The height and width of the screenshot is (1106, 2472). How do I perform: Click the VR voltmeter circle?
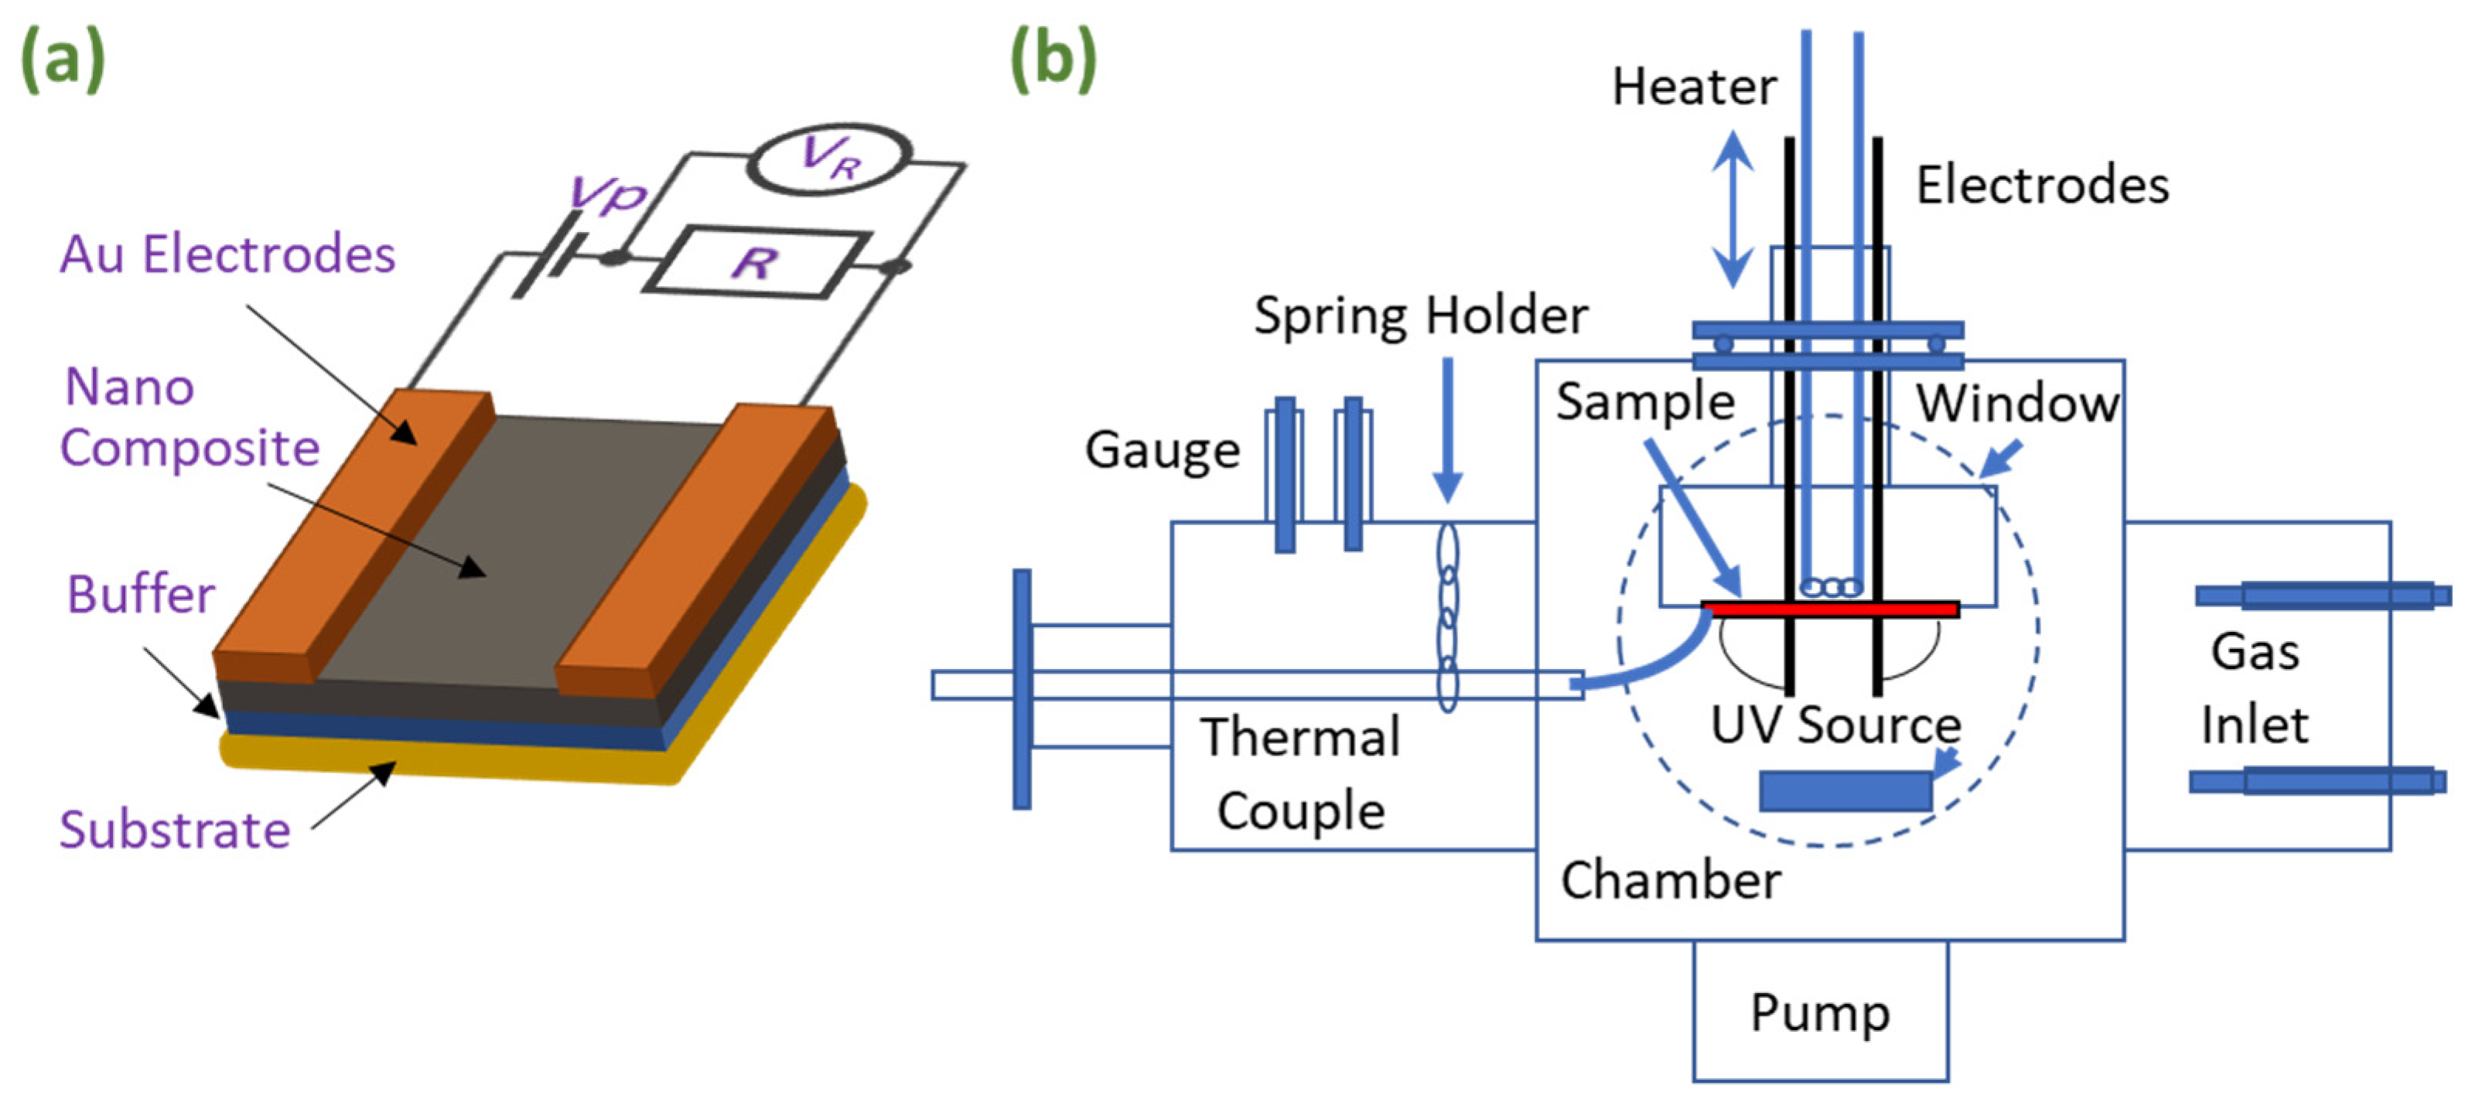(x=829, y=159)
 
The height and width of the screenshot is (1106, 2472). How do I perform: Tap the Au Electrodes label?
(x=227, y=255)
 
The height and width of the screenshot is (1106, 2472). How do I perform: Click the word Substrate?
(x=175, y=830)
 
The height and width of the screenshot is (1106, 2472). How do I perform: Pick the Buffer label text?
(x=141, y=595)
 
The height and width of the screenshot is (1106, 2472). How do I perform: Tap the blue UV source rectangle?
(x=1845, y=791)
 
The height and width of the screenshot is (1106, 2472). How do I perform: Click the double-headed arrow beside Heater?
(x=1733, y=209)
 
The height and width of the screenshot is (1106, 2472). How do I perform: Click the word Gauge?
(x=1162, y=450)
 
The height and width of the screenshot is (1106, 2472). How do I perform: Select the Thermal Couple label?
(x=1300, y=773)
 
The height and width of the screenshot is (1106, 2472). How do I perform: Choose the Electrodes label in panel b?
(x=2042, y=185)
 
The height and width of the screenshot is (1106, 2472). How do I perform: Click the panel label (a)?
(x=63, y=60)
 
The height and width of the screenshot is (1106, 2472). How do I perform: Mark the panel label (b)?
(x=1053, y=60)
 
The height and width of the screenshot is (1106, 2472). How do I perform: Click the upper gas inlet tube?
(x=2322, y=596)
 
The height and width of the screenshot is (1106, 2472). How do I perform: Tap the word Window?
(x=2017, y=403)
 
